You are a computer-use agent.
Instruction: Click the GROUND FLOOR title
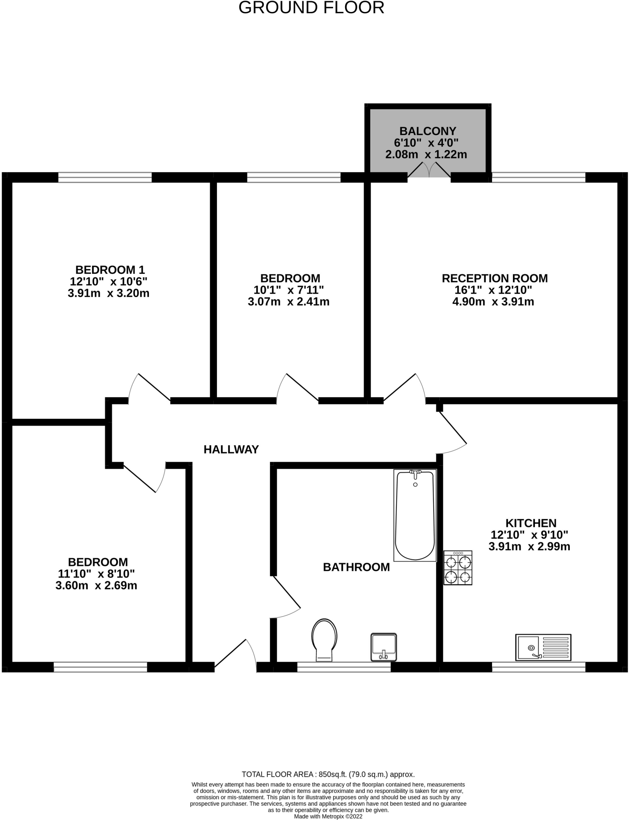(x=311, y=8)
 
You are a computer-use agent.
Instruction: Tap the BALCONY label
(x=428, y=131)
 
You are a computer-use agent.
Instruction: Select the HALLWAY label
(x=231, y=449)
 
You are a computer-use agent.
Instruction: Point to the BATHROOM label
(x=356, y=567)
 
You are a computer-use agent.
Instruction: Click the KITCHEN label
(x=531, y=523)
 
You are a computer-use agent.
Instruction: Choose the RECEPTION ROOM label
(x=494, y=278)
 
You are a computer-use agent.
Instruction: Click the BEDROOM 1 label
(x=110, y=269)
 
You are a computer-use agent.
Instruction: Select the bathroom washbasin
(x=384, y=647)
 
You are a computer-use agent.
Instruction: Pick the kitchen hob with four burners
(x=458, y=568)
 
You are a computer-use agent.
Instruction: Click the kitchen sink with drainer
(x=543, y=647)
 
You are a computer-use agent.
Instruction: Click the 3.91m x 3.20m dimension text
(x=109, y=293)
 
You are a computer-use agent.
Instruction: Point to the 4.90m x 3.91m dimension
(x=493, y=301)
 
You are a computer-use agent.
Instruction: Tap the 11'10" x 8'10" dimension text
(x=96, y=574)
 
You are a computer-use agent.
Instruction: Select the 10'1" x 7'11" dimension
(x=289, y=290)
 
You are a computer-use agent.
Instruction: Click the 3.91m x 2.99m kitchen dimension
(x=529, y=546)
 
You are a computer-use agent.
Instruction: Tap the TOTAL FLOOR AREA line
(x=328, y=774)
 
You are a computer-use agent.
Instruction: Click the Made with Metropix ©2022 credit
(x=328, y=816)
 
